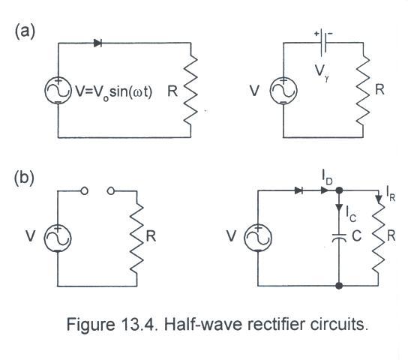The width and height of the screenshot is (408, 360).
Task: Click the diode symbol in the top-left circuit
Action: click(x=97, y=43)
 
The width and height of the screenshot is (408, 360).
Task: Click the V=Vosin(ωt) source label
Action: click(x=113, y=92)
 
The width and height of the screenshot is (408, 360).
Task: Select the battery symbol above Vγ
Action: click(x=323, y=43)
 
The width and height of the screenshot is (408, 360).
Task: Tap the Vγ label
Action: click(x=322, y=72)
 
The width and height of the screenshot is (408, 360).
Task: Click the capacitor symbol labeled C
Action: click(x=339, y=238)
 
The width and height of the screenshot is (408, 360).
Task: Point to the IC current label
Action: click(x=351, y=214)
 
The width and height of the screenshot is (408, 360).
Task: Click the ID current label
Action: click(x=327, y=178)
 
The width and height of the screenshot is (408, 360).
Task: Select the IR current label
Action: click(x=391, y=193)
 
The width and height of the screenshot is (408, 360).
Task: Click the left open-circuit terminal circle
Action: click(x=84, y=191)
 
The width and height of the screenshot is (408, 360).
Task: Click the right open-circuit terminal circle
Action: click(x=111, y=191)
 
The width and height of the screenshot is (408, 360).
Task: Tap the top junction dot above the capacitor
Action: click(x=339, y=190)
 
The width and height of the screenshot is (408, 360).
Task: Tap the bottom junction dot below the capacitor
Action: click(x=339, y=286)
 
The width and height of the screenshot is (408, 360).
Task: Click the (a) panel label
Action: click(x=25, y=31)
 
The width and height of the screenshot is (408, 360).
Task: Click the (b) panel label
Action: click(x=24, y=178)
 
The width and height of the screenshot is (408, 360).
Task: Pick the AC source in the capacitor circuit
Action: click(x=258, y=238)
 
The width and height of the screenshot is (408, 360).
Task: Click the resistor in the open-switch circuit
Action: click(x=136, y=238)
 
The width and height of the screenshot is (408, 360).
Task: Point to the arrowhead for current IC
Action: click(x=339, y=207)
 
